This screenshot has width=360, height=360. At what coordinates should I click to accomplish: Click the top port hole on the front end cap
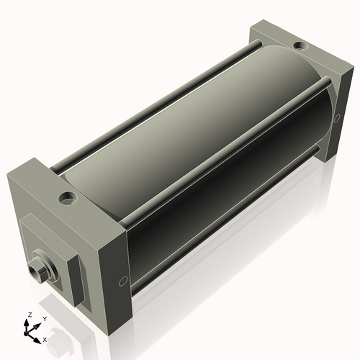(x=67, y=196)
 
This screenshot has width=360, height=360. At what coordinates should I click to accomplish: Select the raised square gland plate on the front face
(x=53, y=252)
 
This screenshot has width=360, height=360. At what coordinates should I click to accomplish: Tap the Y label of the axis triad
(x=45, y=318)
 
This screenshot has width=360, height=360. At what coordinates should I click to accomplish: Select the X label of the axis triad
(x=45, y=338)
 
